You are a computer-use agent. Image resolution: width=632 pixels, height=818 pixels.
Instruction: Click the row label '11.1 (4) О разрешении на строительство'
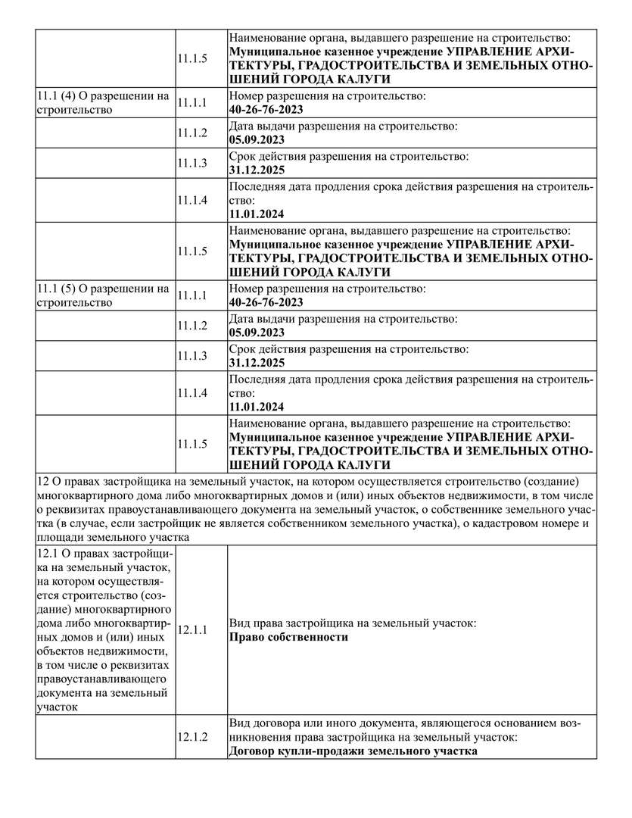tap(103, 103)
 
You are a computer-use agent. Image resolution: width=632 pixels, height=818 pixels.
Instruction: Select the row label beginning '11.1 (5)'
tap(103, 295)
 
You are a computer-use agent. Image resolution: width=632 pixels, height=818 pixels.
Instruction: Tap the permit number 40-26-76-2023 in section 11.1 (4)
tap(266, 110)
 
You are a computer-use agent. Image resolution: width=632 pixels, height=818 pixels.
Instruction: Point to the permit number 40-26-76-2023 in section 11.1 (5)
tap(266, 302)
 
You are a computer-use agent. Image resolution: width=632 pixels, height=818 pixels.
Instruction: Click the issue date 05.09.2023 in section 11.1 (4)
tap(257, 139)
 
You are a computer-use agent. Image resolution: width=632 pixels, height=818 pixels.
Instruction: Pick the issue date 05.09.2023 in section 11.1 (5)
tap(257, 332)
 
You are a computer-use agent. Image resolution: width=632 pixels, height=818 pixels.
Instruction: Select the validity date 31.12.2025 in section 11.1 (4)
tap(257, 170)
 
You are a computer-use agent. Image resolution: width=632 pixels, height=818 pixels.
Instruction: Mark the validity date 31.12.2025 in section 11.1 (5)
tap(257, 362)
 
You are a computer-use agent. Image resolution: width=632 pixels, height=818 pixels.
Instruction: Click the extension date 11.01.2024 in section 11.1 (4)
tap(257, 214)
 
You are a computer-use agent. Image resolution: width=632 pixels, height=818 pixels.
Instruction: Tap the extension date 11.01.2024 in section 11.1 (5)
tap(257, 407)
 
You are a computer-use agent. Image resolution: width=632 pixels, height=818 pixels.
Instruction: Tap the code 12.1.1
tap(192, 629)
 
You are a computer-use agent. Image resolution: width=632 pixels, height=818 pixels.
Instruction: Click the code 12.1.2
tap(192, 737)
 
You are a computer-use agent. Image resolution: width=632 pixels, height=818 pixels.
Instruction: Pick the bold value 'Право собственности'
tap(288, 637)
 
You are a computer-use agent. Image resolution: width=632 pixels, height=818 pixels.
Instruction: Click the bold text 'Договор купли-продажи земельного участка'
tap(353, 751)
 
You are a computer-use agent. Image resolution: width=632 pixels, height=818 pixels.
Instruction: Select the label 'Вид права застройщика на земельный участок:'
tap(352, 623)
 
